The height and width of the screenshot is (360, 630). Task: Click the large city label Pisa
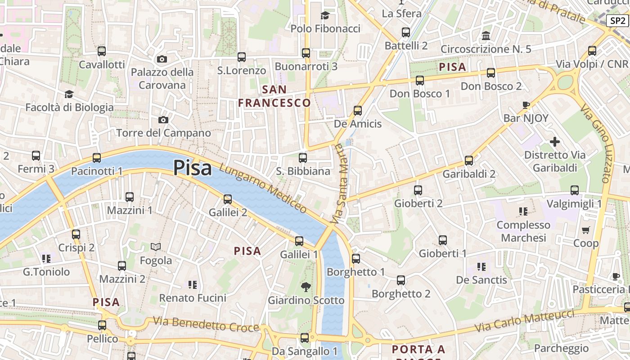click(x=192, y=168)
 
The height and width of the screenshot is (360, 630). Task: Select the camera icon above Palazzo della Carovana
click(x=162, y=59)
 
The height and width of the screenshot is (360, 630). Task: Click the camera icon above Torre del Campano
click(x=163, y=120)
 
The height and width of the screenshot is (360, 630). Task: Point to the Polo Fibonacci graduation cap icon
click(x=325, y=16)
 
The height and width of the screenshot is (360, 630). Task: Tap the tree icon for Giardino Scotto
click(x=306, y=287)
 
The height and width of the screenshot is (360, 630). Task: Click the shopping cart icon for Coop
click(x=585, y=230)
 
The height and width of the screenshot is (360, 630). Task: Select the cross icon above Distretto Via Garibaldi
click(x=555, y=142)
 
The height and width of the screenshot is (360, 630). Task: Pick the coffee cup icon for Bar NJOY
click(x=526, y=105)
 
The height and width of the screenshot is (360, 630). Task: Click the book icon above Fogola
click(x=156, y=247)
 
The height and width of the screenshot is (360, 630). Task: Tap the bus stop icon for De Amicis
click(x=358, y=111)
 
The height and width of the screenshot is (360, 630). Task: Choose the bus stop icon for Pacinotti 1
click(x=97, y=158)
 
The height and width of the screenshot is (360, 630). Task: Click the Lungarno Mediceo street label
click(x=263, y=188)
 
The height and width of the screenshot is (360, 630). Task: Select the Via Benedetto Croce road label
click(x=206, y=324)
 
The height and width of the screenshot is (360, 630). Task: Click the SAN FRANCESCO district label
click(x=274, y=96)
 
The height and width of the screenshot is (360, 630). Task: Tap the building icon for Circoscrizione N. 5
click(x=486, y=36)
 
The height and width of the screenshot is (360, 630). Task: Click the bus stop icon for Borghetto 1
click(x=356, y=259)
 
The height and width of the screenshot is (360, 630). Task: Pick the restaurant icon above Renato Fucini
click(x=193, y=284)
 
